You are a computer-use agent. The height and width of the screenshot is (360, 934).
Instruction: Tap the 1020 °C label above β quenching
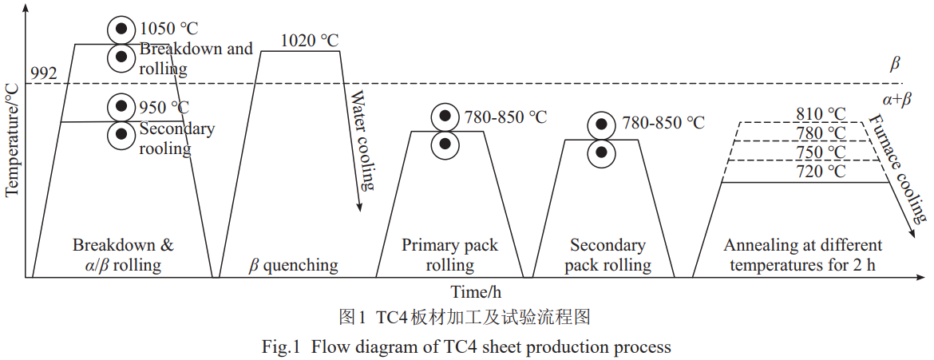point(310,40)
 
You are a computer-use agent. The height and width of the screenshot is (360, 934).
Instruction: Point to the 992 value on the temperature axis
point(43,73)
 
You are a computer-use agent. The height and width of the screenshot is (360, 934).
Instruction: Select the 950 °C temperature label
point(164,107)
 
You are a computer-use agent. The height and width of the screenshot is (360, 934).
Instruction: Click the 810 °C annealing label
point(820,113)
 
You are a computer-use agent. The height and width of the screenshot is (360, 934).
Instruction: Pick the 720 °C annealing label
point(820,172)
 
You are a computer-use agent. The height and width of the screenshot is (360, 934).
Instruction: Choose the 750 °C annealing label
point(820,152)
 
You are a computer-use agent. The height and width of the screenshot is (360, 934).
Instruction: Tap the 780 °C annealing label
point(820,133)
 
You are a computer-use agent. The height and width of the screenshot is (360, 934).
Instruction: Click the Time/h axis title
point(474,292)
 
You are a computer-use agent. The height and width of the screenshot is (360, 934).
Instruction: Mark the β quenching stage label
point(293,265)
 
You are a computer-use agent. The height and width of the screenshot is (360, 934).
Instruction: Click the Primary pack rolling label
point(450,255)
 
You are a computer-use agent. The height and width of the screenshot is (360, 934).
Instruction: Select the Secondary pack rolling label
point(607,255)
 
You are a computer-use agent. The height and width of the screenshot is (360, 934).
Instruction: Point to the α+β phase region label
point(896,101)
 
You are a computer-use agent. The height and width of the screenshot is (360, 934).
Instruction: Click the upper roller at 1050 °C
point(121,30)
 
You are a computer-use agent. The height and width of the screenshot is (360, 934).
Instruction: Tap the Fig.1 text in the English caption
point(279,346)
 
